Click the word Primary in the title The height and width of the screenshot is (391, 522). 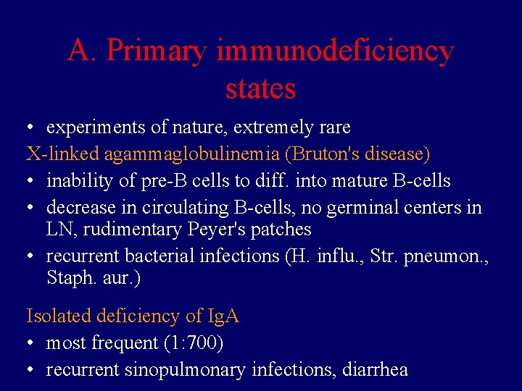coord(157,51)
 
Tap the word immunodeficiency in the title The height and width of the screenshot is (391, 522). coord(335,51)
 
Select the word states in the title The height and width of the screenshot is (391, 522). coord(261,88)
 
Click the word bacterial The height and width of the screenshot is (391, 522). coord(157,256)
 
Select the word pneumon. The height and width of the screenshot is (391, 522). coord(449,256)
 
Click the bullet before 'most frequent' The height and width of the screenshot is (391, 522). coord(31,343)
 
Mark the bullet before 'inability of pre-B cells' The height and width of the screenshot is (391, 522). coord(31,181)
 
